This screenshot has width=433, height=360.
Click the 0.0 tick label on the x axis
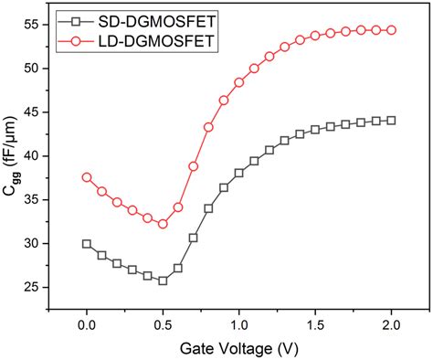coord(87,324)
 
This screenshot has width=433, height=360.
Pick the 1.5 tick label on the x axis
coord(315,324)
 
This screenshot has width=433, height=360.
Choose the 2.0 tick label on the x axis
coord(391,324)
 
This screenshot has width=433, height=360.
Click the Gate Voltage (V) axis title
coord(238,348)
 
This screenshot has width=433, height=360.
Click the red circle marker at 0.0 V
coord(87,177)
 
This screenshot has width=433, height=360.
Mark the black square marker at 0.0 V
coord(87,244)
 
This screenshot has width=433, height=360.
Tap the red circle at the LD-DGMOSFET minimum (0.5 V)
coord(163,224)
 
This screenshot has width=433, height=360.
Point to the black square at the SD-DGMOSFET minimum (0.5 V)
coord(163,281)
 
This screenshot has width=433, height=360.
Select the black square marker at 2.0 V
coord(391,121)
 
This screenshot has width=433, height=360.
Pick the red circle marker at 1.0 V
coord(239,82)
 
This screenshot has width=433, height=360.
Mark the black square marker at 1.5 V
coord(315,130)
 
